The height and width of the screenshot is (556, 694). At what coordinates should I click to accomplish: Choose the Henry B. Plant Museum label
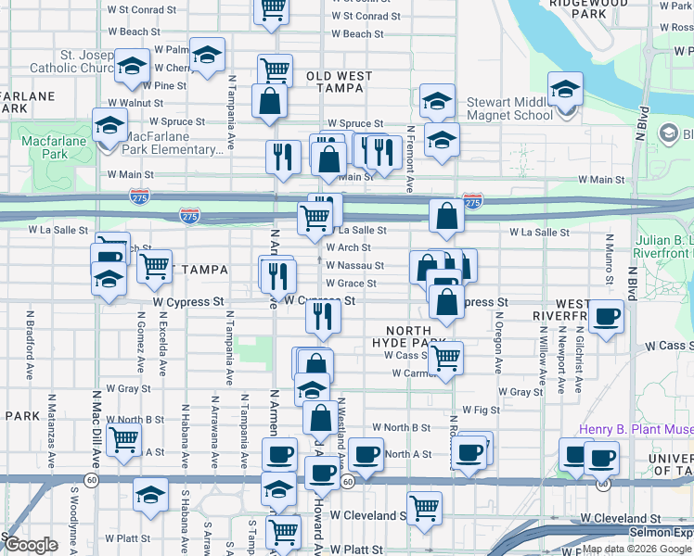pyautogui.click(x=636, y=429)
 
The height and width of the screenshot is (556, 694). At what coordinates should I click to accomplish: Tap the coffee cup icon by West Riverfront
pyautogui.click(x=606, y=318)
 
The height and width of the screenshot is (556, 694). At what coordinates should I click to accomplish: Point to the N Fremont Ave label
pyautogui.click(x=409, y=165)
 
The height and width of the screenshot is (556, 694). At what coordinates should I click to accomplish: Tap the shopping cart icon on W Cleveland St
pyautogui.click(x=424, y=508)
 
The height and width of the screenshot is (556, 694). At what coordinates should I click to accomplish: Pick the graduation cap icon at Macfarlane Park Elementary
pyautogui.click(x=110, y=126)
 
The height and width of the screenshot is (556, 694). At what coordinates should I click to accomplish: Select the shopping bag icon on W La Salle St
pyautogui.click(x=446, y=217)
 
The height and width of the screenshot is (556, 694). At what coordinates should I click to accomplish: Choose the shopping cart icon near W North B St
pyautogui.click(x=123, y=441)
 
